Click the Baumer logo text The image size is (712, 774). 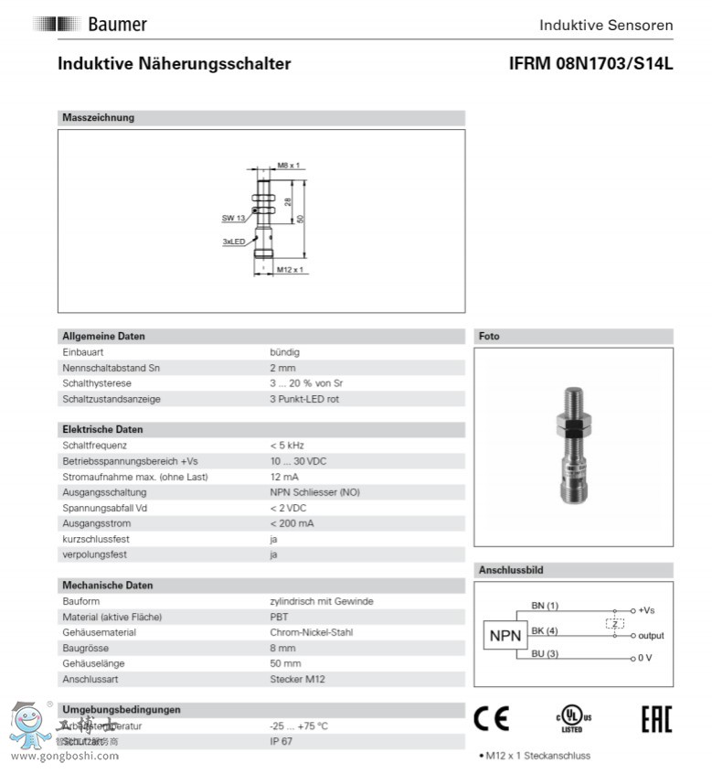[117, 25]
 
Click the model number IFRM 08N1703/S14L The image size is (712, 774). [590, 64]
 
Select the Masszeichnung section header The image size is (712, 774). [98, 117]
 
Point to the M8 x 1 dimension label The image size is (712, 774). [289, 166]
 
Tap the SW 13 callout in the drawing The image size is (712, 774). [233, 218]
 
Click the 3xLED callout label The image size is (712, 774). [233, 242]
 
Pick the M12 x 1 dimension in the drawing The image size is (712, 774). [290, 270]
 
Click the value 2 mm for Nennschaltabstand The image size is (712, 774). [281, 367]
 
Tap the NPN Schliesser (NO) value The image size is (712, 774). [314, 491]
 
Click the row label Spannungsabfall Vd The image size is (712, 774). [104, 507]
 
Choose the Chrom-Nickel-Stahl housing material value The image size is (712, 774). [311, 632]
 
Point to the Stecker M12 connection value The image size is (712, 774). [297, 679]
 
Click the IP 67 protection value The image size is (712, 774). [282, 740]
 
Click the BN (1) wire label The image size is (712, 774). [545, 606]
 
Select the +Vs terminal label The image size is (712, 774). [645, 610]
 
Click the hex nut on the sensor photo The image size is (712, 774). [572, 425]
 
